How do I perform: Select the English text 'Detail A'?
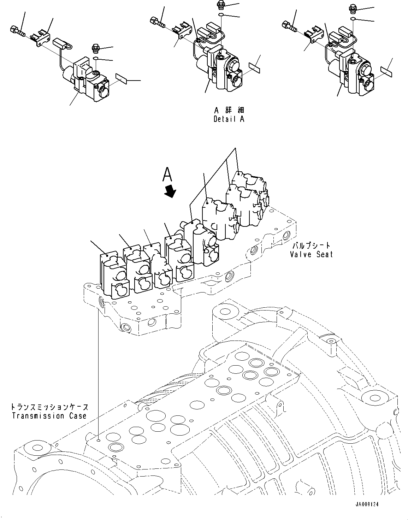point(229,119)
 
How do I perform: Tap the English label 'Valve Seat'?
point(311,254)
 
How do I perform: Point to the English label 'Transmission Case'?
point(49,415)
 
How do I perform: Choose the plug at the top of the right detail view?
point(354,7)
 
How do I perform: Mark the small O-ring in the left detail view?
point(96,58)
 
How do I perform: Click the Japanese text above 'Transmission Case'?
point(49,407)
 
